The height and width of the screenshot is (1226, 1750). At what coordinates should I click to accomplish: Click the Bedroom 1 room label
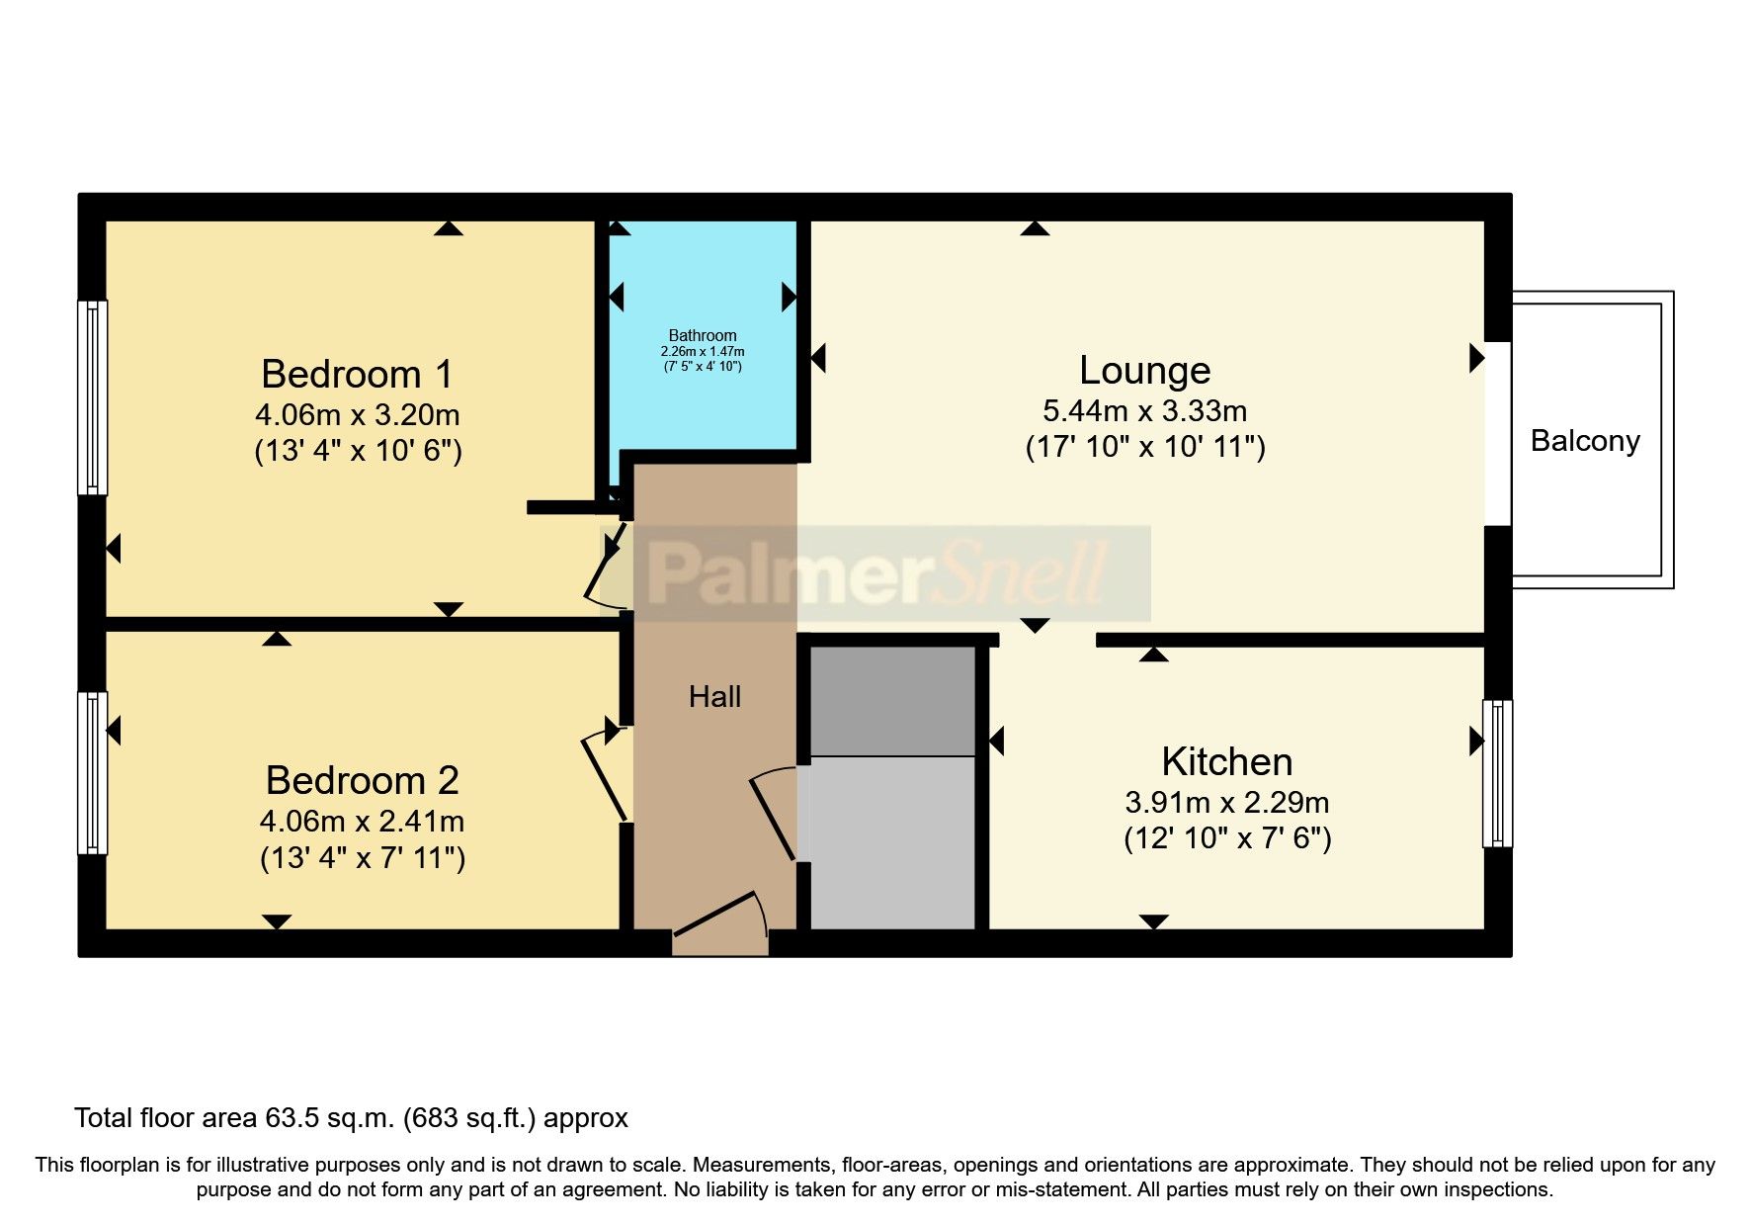pyautogui.click(x=357, y=375)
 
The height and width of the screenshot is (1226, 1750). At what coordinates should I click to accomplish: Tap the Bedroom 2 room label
pyautogui.click(x=362, y=781)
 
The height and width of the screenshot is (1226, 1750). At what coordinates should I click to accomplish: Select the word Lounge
pyautogui.click(x=1144, y=370)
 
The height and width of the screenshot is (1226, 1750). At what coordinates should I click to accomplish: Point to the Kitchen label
pyautogui.click(x=1226, y=762)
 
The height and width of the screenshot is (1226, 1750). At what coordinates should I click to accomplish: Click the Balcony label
pyautogui.click(x=1584, y=441)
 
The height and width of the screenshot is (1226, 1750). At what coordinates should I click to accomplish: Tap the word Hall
pyautogui.click(x=714, y=697)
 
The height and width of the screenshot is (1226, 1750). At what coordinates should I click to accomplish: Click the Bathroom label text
pyautogui.click(x=702, y=335)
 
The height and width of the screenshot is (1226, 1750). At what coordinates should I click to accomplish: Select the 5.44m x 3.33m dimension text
pyautogui.click(x=1144, y=410)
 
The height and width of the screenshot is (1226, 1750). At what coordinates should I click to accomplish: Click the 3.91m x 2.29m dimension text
pyautogui.click(x=1226, y=802)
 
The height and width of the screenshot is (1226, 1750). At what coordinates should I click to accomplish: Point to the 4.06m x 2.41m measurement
pyautogui.click(x=362, y=821)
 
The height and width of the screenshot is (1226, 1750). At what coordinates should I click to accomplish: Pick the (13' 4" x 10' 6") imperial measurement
pyautogui.click(x=358, y=451)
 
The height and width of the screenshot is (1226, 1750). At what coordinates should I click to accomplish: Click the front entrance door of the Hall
pyautogui.click(x=720, y=924)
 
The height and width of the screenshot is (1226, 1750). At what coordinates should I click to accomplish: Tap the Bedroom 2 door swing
pyautogui.click(x=605, y=776)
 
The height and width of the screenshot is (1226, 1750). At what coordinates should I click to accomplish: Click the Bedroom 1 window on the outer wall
pyautogui.click(x=93, y=397)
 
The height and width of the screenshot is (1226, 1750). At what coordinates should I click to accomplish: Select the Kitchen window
pyautogui.click(x=1497, y=773)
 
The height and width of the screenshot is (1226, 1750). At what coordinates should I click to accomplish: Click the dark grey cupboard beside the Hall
pyautogui.click(x=892, y=700)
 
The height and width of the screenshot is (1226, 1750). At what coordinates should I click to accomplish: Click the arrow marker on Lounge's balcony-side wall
pyautogui.click(x=1476, y=358)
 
